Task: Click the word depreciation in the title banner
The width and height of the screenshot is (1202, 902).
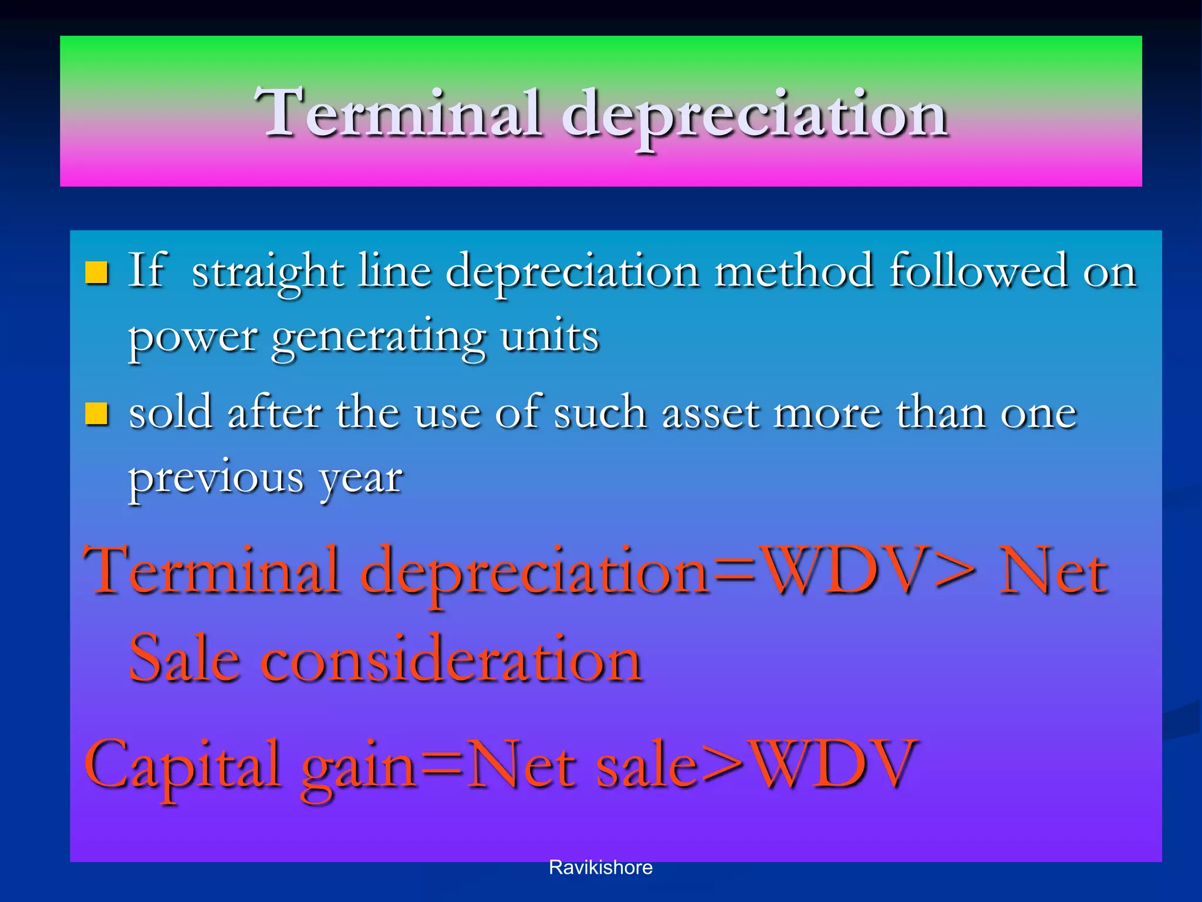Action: click(x=754, y=115)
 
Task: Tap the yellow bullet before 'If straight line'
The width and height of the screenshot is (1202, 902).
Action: click(x=97, y=272)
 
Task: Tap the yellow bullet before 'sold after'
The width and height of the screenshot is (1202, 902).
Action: click(x=97, y=413)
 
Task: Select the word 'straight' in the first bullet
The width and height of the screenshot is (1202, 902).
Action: click(x=268, y=272)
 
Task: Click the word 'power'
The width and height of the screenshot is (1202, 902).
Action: click(x=193, y=338)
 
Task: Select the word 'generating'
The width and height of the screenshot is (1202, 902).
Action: click(x=379, y=338)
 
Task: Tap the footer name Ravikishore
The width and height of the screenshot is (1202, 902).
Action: click(x=600, y=867)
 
